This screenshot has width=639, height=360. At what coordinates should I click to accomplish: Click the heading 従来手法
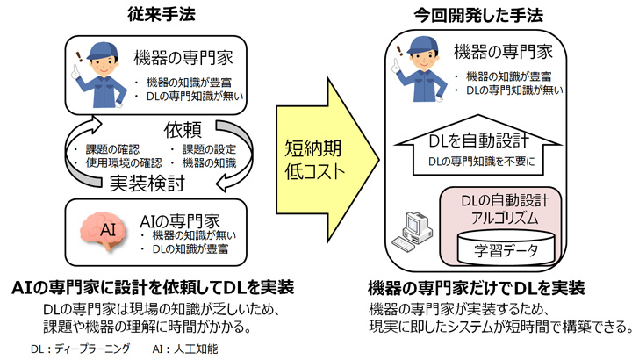click(x=156, y=14)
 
